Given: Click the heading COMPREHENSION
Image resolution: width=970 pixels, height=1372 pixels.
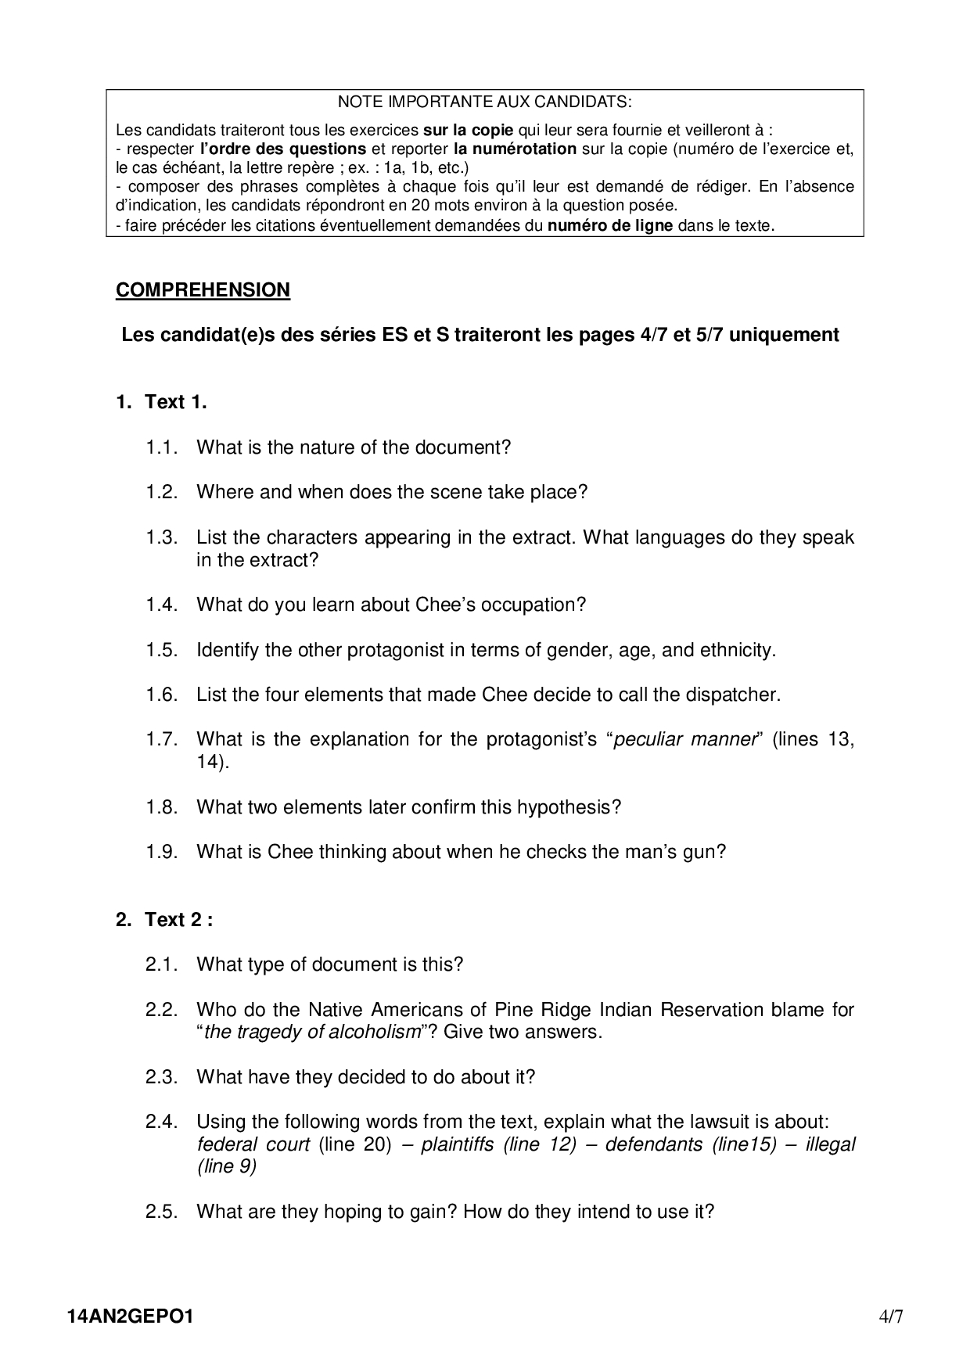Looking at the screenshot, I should pyautogui.click(x=203, y=290).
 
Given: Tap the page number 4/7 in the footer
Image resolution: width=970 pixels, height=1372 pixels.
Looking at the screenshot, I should pyautogui.click(x=891, y=1316).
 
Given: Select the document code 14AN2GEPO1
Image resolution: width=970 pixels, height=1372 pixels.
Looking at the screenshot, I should pyautogui.click(x=131, y=1316).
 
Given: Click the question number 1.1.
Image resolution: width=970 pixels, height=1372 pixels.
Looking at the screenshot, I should pyautogui.click(x=162, y=447).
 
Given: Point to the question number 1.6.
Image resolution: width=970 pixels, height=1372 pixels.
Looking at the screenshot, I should pyautogui.click(x=162, y=695).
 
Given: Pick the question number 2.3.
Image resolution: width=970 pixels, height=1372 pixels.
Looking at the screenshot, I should pyautogui.click(x=162, y=1077).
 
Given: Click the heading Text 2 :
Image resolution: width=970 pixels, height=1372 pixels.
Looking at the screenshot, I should pyautogui.click(x=178, y=920).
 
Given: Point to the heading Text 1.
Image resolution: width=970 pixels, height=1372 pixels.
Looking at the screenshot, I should pyautogui.click(x=175, y=402).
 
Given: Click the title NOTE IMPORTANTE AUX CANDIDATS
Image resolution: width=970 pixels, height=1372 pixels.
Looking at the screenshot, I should pyautogui.click(x=484, y=102).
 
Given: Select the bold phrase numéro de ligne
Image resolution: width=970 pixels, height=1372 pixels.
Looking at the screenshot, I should pyautogui.click(x=609, y=226).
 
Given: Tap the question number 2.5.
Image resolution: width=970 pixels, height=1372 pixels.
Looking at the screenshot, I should pyautogui.click(x=162, y=1212).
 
